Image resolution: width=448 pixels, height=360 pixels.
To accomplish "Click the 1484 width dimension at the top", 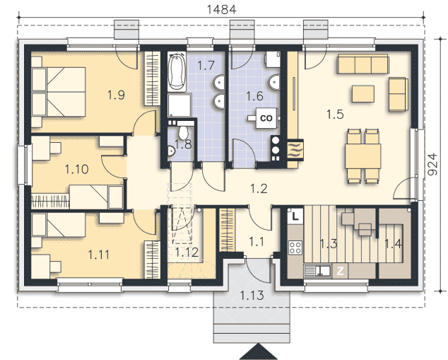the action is pos(221,9).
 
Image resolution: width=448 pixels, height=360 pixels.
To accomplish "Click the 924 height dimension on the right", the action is pos(433,164).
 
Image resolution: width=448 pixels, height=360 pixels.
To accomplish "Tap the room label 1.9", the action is pos(116,95).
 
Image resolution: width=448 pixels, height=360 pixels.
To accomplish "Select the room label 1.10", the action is pos(76,169).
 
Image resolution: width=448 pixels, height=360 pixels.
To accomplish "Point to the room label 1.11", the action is pos(98,255).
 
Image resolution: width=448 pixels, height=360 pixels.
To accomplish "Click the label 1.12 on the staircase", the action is pos(187,252).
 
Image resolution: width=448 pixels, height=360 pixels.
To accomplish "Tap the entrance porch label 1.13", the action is pos(252,295).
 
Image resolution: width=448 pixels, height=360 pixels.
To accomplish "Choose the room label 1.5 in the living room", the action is pos(335,115).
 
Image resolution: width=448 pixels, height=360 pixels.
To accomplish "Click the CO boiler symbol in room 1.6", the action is pos(266,118).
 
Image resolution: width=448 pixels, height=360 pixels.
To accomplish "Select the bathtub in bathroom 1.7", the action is pos(177,71).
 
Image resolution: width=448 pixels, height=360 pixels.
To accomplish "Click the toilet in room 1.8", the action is pos(183,132).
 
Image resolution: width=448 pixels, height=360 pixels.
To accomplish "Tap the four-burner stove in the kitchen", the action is pos(295,248).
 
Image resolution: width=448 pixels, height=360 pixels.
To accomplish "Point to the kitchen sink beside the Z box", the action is pos(318,270).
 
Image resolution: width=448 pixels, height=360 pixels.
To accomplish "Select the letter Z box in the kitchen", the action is pos(340,271).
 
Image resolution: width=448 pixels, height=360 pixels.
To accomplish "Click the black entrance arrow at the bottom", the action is pos(258,352).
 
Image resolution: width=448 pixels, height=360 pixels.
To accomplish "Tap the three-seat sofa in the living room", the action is pos(363,64).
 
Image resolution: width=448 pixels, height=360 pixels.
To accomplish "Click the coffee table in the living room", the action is pos(363,94).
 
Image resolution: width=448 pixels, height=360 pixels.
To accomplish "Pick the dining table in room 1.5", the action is pos(363,156).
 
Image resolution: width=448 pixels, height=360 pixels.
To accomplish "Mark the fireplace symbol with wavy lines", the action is pos(295,149).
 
